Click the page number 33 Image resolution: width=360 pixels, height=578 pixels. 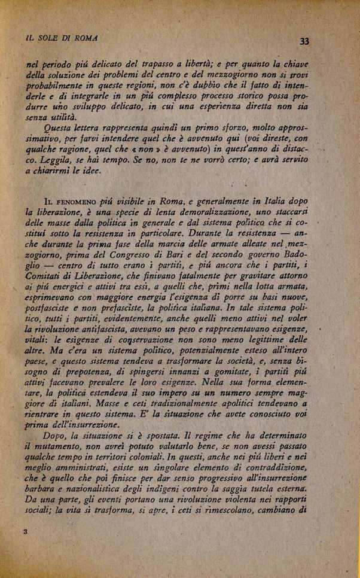click(304, 41)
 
